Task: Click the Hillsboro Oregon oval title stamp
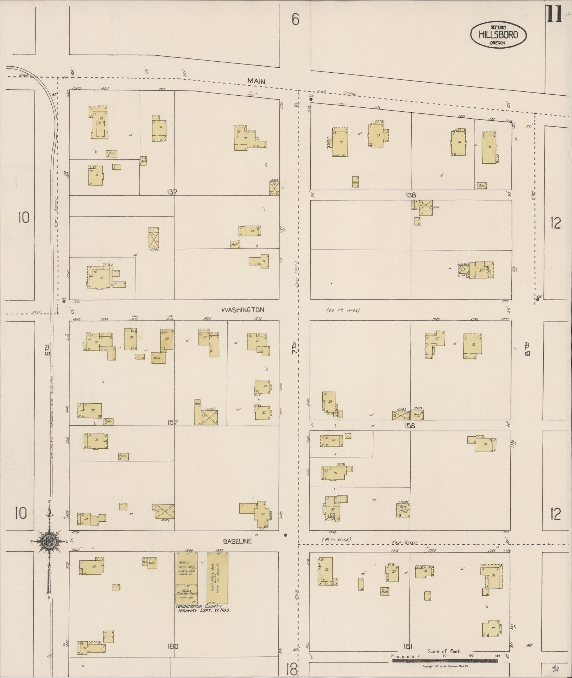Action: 498,35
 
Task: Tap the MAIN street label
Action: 256,81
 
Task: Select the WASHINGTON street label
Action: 243,310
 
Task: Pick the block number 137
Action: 172,192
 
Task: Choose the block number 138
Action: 411,195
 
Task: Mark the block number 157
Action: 172,422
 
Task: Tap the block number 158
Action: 411,426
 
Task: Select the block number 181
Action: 408,646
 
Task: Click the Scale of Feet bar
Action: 445,661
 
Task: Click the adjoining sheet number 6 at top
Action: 295,19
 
